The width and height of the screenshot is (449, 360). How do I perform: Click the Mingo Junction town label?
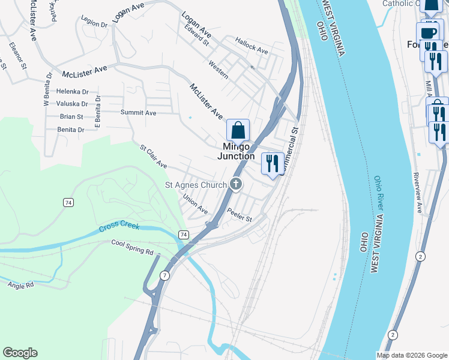coord(239,151)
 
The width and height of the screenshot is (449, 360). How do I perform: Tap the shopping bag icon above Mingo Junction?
coord(238,130)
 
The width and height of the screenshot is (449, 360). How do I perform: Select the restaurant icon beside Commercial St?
coord(273,163)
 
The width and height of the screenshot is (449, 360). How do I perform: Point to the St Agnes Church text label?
coord(196,185)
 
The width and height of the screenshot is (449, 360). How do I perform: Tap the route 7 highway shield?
coord(164,275)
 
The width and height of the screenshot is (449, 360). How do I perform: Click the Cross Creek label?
coord(119,227)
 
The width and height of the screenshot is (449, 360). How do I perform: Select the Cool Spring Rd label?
coord(132,247)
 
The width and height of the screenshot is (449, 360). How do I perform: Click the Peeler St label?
coord(240,215)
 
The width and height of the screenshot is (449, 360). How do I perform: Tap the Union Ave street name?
coord(195,204)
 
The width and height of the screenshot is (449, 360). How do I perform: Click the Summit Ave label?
coord(138,112)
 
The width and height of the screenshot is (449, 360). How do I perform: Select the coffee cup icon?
coord(428,32)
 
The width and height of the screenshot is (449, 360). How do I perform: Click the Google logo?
coord(20,353)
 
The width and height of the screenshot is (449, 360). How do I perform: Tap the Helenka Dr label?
coord(72,92)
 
